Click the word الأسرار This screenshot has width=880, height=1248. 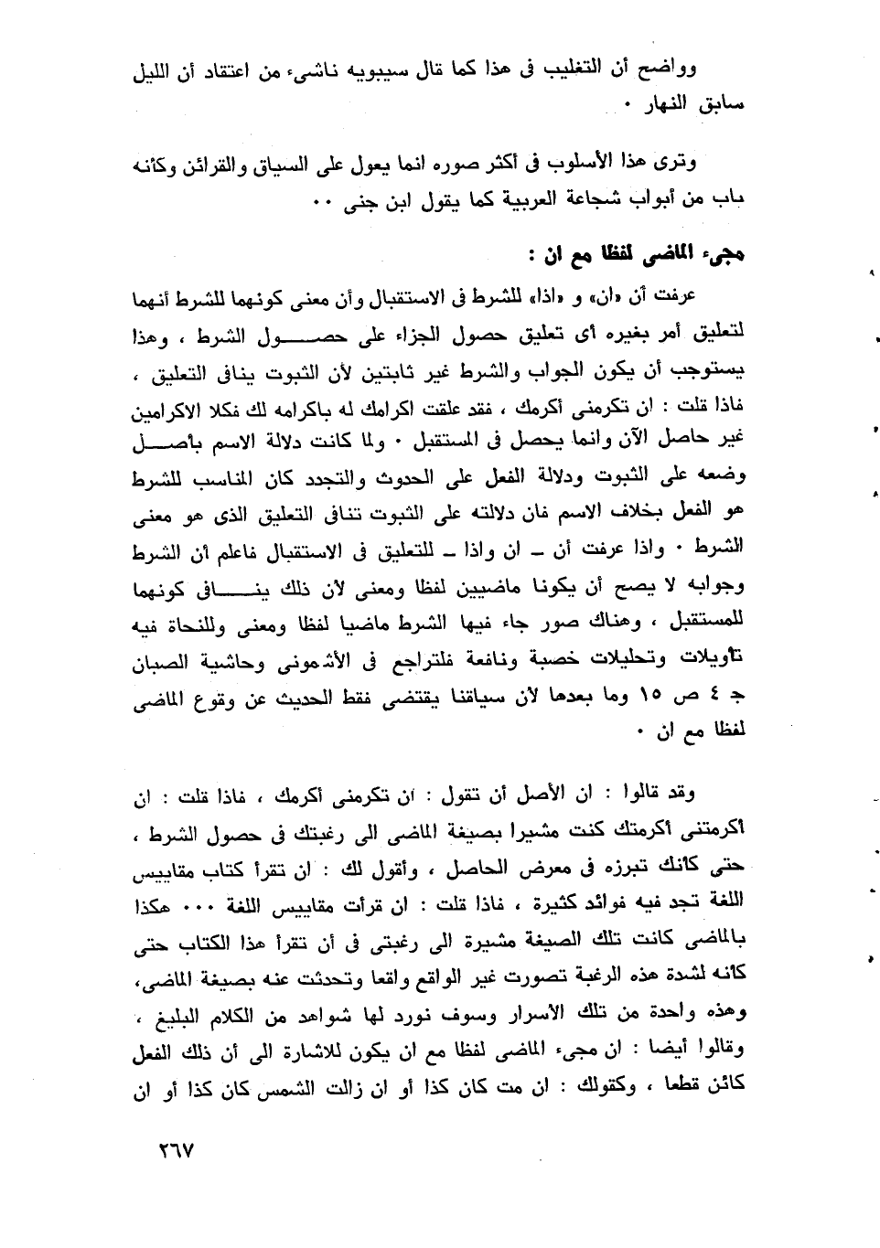point(565,1012)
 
